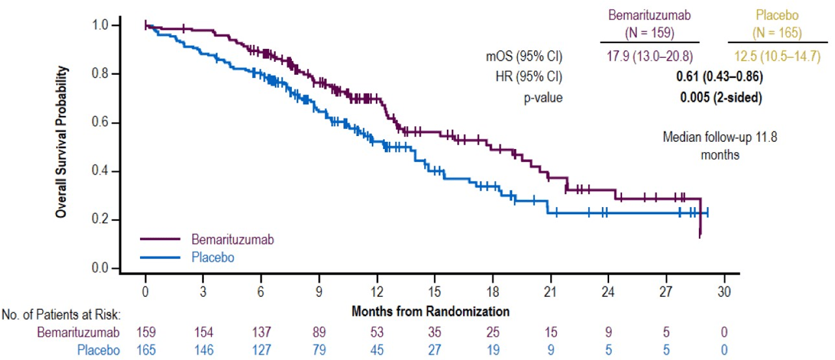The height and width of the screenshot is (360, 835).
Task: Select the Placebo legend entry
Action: pyautogui.click(x=212, y=257)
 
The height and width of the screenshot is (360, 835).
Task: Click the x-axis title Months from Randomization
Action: pyautogui.click(x=430, y=311)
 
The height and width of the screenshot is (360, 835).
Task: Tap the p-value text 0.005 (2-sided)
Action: pyautogui.click(x=720, y=98)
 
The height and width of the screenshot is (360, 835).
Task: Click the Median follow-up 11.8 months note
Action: pyautogui.click(x=720, y=146)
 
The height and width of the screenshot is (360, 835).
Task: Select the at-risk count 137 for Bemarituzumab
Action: pyautogui.click(x=261, y=333)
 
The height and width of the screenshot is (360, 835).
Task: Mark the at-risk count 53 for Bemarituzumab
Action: pyautogui.click(x=377, y=333)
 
